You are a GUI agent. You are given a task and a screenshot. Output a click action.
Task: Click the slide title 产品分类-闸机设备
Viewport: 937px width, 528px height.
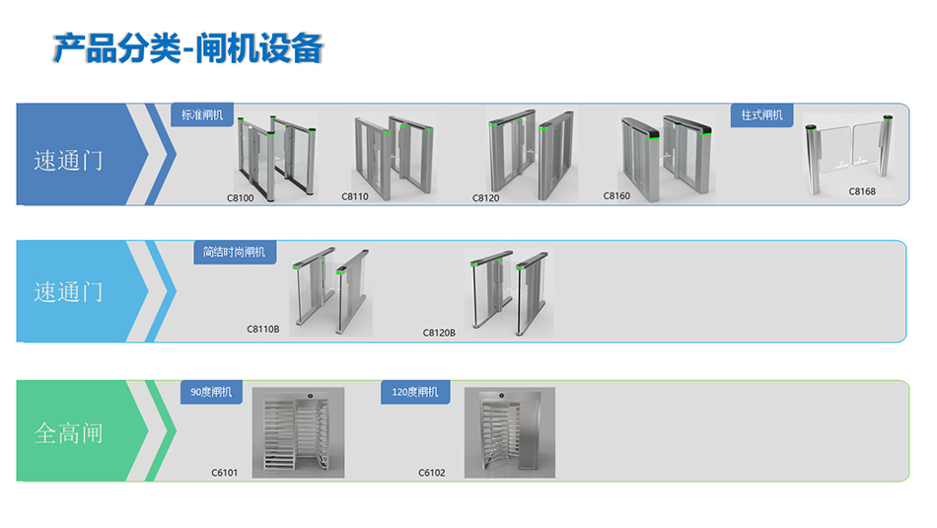[187, 47]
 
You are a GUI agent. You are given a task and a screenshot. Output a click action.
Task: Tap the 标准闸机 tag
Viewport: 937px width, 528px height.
[202, 115]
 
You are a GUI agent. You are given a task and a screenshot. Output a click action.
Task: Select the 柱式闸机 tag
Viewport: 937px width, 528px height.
[761, 115]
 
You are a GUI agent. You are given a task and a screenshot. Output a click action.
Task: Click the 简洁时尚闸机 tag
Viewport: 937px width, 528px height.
[234, 252]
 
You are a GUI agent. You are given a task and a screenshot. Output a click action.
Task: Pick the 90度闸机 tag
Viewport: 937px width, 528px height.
[211, 392]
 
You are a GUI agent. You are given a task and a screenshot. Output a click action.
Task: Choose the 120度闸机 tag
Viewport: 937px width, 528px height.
[415, 392]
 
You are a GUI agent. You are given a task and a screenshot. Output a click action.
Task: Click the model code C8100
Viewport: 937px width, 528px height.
[241, 197]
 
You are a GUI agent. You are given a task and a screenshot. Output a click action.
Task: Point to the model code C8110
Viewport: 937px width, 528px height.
[355, 196]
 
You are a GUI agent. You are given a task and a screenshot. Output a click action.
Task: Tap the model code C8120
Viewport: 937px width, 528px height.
[486, 197]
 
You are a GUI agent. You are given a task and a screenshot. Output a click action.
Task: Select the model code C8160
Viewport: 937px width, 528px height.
[616, 195]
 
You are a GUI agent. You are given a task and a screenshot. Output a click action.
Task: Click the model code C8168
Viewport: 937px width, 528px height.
[862, 191]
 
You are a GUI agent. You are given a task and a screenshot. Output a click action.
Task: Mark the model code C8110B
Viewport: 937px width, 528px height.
[262, 329]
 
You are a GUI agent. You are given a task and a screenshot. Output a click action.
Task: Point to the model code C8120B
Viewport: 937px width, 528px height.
[439, 333]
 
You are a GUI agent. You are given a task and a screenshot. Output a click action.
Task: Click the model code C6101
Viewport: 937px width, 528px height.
[225, 473]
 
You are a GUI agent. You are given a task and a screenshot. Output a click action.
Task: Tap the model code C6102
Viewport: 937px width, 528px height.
[432, 473]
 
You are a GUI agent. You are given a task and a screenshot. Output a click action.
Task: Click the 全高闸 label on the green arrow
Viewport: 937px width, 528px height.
[68, 433]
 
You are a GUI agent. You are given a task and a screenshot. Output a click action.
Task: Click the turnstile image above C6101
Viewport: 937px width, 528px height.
[298, 432]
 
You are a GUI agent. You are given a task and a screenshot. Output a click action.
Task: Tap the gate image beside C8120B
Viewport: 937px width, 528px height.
[508, 293]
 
